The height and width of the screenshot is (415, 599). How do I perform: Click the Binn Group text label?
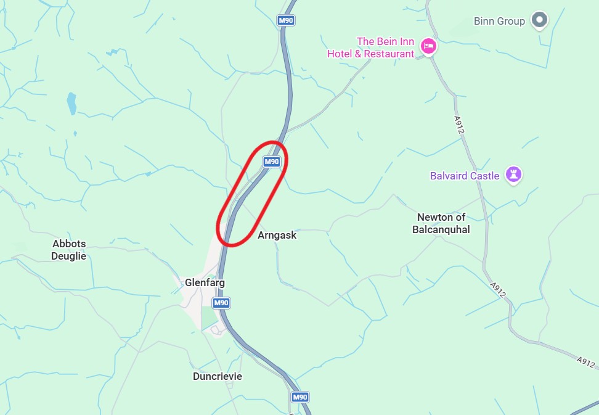tap(499, 21)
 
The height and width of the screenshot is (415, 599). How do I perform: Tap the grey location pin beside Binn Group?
tap(540, 20)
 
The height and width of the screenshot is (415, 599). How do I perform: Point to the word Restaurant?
tap(389, 54)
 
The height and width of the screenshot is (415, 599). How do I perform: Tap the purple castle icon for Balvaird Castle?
tap(513, 175)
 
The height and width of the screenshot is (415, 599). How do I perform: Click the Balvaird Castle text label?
tap(465, 176)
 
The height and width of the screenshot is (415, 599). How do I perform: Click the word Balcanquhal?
tap(441, 229)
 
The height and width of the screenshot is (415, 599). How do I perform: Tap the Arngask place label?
tap(277, 235)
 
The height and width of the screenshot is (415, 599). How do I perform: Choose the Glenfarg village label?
tap(205, 282)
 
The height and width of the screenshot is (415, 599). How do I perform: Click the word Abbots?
tap(68, 244)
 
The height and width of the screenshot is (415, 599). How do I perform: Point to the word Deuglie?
tap(68, 256)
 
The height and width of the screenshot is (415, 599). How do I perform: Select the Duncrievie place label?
tap(217, 376)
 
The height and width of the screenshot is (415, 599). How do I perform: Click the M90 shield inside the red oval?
tap(272, 162)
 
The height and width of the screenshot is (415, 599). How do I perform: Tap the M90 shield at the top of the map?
tap(286, 20)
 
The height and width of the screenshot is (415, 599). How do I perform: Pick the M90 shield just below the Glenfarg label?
tap(221, 303)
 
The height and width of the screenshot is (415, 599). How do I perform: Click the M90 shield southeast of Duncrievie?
tap(299, 397)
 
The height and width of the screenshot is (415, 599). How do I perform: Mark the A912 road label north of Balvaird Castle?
tap(458, 122)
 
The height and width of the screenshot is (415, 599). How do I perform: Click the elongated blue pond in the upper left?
tap(71, 104)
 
